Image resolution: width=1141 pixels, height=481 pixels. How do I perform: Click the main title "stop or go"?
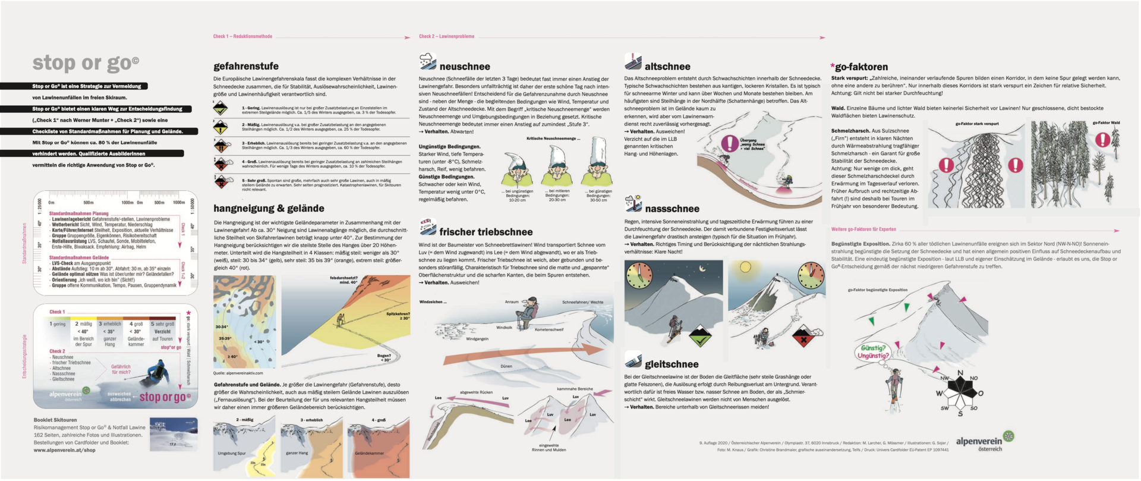coord(86,62)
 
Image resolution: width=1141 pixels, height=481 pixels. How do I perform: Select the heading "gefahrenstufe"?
coord(246,66)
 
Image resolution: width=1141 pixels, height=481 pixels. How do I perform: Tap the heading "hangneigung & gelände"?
coord(269,208)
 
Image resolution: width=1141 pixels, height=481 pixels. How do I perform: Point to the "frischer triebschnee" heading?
coord(486,232)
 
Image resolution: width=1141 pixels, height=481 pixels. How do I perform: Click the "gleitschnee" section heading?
coord(672,364)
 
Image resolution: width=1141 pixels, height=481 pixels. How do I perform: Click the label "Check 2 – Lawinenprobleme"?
coord(446,36)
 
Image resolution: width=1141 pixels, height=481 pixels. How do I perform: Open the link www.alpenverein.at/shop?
coord(64,450)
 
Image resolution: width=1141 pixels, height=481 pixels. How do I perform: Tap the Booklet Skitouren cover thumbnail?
coord(174,435)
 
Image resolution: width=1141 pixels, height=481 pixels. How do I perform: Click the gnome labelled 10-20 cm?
coord(517,170)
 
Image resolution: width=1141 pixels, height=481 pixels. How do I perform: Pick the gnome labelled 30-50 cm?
coord(598,167)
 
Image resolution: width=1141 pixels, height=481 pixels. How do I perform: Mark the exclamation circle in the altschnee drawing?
coord(729,143)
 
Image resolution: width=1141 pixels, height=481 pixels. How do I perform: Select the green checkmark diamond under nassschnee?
coord(700,336)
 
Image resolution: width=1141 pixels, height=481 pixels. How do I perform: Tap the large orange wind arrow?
coord(523,353)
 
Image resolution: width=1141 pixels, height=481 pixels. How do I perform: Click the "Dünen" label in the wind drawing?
coord(506,366)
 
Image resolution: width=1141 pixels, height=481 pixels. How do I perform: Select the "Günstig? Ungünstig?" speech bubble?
coord(872,352)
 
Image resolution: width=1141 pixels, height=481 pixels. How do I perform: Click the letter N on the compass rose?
coord(960,373)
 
